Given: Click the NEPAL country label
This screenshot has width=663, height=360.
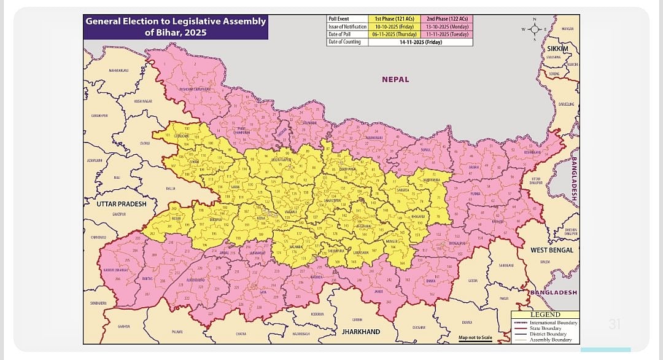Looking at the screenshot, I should coord(395,79).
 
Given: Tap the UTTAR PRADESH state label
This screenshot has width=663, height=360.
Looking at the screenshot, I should coord(121,204).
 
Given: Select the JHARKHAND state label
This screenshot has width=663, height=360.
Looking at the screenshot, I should coord(360,332).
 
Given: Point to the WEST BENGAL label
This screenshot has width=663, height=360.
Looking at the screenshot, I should coord(552,250).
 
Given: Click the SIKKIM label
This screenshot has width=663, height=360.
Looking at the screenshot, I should coord(557,49).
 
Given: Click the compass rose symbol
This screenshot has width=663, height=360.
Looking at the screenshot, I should coord(535,29).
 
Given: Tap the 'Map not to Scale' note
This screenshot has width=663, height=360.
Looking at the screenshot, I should coord(475,337).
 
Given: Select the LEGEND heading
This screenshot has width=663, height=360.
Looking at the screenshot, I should coord(545,315).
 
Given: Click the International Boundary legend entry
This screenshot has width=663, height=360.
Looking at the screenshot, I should coord(553,323).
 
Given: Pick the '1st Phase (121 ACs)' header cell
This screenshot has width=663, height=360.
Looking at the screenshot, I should coord(394,19).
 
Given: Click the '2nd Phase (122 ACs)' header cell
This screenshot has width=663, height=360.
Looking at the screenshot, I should coord(446,19).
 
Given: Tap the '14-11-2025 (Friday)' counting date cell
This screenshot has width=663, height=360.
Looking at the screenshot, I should coord(421,42).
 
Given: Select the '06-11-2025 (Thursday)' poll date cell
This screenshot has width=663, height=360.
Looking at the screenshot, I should coord(394,34).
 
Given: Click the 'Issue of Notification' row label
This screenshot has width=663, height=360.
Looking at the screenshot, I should coord(347,27).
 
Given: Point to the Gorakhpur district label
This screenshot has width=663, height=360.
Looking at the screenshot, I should coord(99,115).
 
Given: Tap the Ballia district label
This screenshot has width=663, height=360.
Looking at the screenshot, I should coord(170,189).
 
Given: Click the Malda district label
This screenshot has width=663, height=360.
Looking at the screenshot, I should coord(545,262).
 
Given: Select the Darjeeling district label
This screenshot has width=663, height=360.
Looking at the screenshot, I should coord(566,104).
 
